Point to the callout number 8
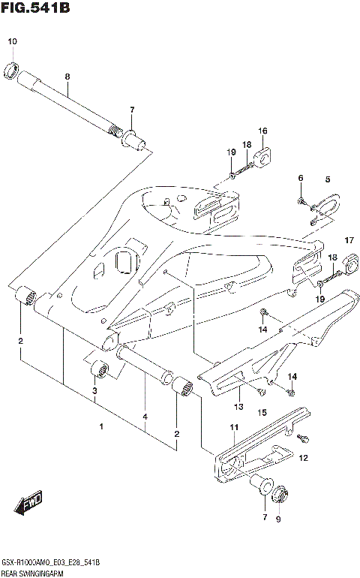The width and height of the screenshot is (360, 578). tap(67, 77)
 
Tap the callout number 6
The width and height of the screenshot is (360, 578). tap(301, 178)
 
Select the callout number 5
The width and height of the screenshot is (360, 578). tap(327, 179)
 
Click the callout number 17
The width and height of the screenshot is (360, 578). tap(348, 240)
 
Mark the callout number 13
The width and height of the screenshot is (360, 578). tap(238, 407)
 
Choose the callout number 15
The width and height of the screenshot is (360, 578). tap(262, 413)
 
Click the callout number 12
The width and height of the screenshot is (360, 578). tap(304, 457)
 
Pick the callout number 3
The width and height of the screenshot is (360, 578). tap(94, 391)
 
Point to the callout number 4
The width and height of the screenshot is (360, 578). tap(145, 417)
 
